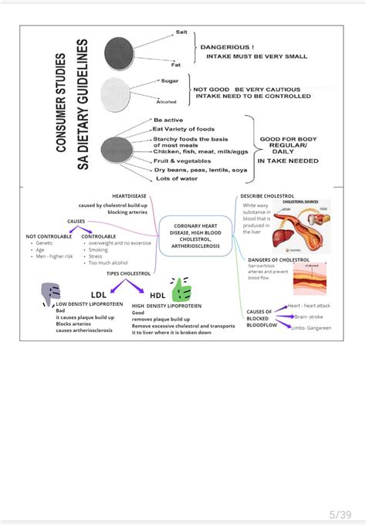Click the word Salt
tap(181, 32)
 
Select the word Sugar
tap(169, 80)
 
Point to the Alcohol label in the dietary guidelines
tap(167, 101)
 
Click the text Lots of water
tap(178, 178)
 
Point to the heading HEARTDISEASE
tap(129, 196)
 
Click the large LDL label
tap(99, 294)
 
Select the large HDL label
tap(158, 295)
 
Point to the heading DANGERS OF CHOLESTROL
tap(278, 260)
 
